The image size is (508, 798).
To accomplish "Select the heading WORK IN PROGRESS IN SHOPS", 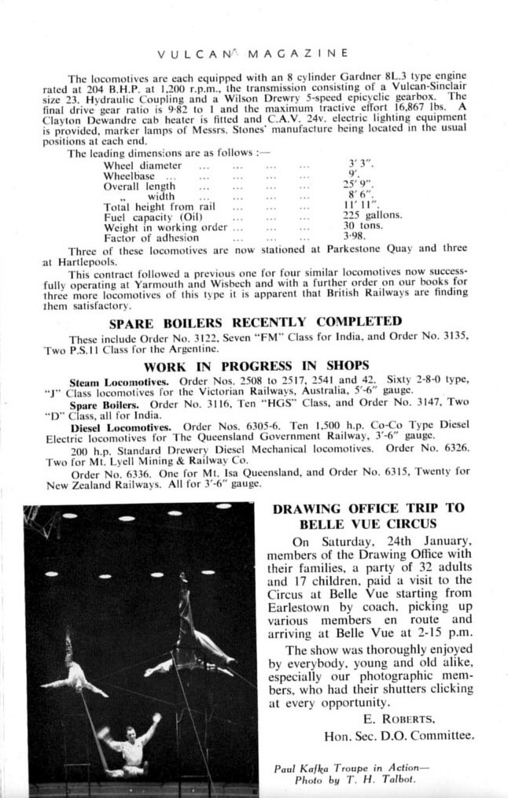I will click(256, 365).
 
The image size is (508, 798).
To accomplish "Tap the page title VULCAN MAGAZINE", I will click(253, 54).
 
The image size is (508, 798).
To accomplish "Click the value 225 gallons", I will click(373, 214).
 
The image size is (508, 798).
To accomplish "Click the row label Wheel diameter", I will click(142, 166).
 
